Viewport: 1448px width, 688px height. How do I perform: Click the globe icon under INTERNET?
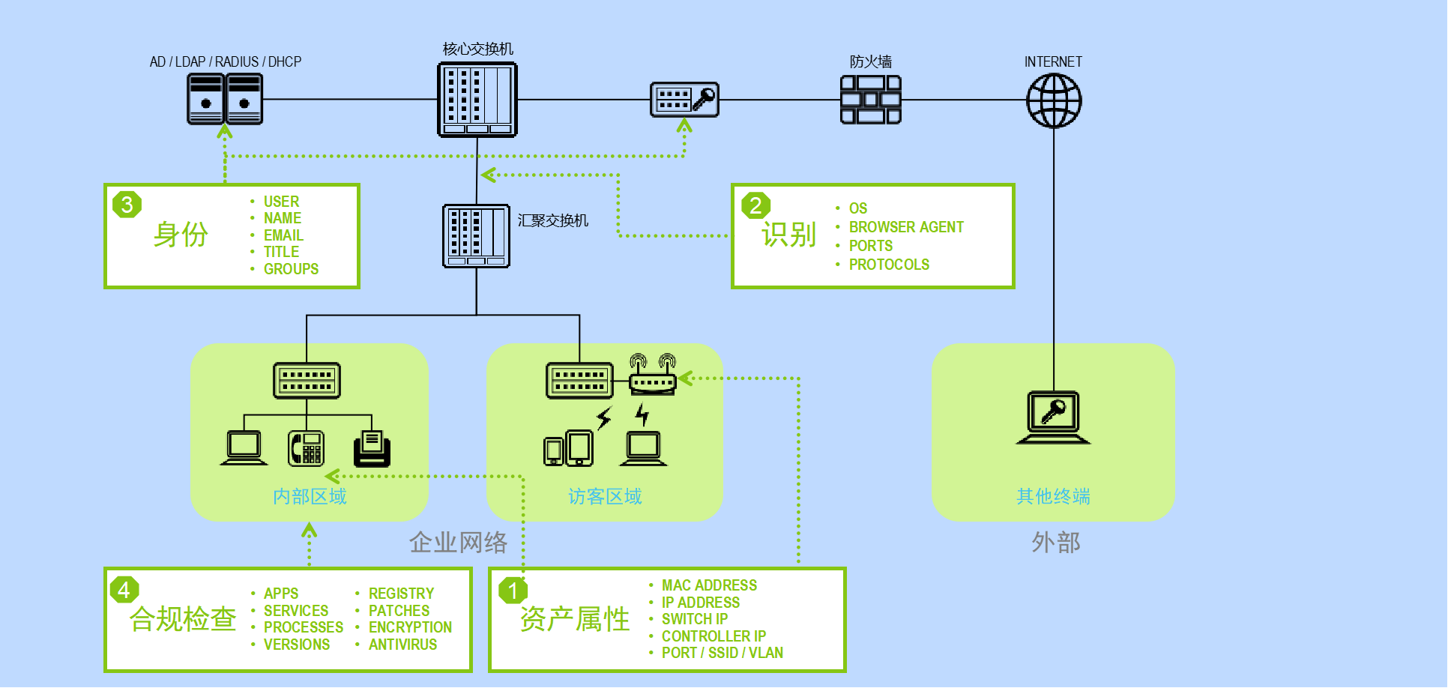coord(1053,100)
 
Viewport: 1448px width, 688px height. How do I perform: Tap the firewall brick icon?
coord(870,100)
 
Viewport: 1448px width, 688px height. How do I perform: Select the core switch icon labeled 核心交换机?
coord(477,100)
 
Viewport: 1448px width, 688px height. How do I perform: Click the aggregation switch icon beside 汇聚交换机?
coord(476,236)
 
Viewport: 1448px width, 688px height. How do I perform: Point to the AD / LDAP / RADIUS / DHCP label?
coord(225,61)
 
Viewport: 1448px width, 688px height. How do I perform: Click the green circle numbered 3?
coord(127,205)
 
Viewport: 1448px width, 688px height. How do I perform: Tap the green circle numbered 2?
coord(755,205)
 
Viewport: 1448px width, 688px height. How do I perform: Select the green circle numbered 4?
coord(124,590)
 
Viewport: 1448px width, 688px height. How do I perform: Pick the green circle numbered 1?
coord(513,591)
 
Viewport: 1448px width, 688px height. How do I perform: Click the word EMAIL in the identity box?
coord(283,235)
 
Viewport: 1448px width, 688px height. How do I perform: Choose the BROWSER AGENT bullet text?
coord(905,227)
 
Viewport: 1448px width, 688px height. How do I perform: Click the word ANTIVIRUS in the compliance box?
coord(402,645)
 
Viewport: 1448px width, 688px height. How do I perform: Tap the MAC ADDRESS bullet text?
coord(709,585)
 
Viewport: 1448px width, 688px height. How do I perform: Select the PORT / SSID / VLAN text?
coord(722,653)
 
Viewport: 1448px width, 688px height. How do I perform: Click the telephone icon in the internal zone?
coord(307,447)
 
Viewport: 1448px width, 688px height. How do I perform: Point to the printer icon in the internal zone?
coord(372,447)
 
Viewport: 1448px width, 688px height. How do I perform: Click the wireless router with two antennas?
coord(652,375)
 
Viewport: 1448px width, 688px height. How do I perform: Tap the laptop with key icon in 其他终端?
coord(1053,417)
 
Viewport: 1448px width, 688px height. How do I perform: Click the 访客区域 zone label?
coord(605,496)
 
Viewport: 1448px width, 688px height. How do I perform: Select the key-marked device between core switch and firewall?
coord(684,100)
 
